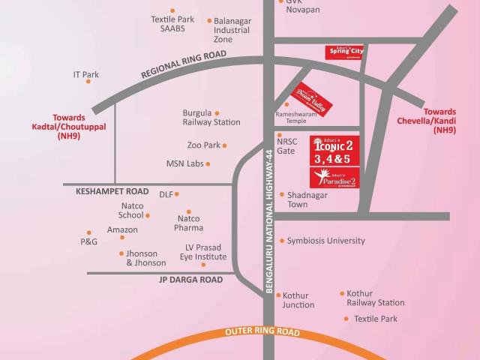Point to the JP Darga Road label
190,279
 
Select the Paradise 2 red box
336,178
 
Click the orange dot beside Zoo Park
224,145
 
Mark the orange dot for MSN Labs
208,163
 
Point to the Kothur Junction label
298,300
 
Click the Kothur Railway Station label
375,298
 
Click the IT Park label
85,75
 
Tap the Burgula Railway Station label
211,118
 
